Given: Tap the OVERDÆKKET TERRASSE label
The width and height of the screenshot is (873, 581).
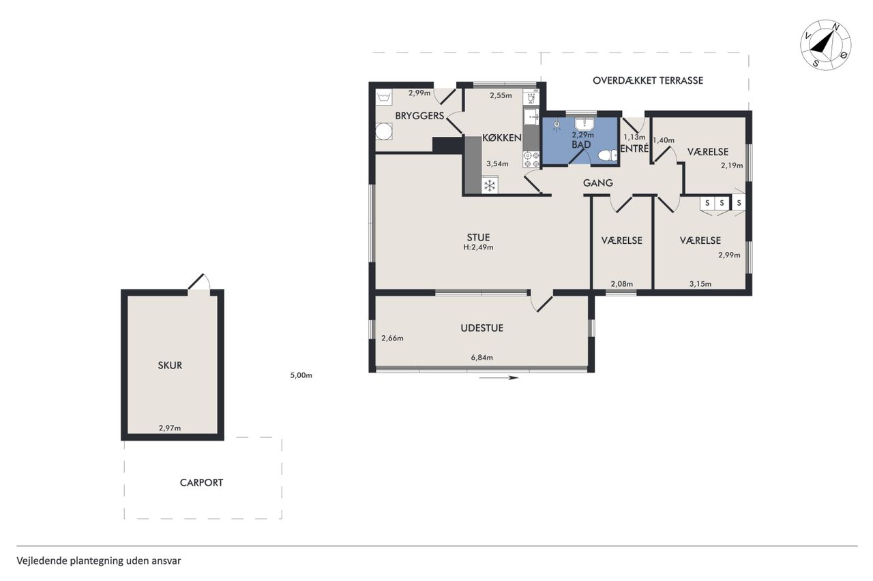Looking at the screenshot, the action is pos(648,80).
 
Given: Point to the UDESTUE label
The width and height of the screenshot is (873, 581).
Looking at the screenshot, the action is pos(482,328).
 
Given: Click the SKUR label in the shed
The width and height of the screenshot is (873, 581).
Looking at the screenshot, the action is pos(170,365).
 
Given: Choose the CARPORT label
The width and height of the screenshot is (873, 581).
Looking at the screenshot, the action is pos(201,482).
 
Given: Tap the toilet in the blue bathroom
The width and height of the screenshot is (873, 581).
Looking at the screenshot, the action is pos(608,156).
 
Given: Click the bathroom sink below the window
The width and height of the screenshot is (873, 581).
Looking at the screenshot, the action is pos(584,124).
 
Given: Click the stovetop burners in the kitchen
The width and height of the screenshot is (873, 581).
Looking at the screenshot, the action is pos(531,159).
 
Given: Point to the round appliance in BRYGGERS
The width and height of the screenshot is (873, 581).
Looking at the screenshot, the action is pos(384,131).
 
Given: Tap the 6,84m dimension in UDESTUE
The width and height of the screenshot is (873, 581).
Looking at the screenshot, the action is pos(482,357).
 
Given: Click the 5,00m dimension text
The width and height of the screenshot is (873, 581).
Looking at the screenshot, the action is pos(301,375).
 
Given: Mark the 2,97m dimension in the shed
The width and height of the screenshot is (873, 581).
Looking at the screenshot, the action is pos(170,428).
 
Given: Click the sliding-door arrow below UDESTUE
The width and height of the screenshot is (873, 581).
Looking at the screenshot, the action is pos(499,377).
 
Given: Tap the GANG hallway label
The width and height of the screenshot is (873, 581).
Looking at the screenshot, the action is pos(598,183).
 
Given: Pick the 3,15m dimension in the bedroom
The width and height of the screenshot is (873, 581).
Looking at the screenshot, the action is pos(700,284).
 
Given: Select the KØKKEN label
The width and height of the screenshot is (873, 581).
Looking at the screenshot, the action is pos(502,138).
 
